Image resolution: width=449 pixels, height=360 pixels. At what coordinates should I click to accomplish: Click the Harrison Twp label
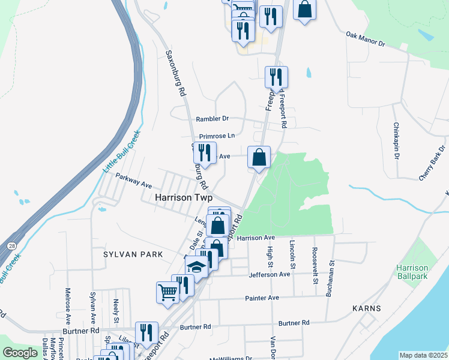tap(184, 197)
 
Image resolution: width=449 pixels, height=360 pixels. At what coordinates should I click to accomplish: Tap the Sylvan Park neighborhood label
tap(133, 254)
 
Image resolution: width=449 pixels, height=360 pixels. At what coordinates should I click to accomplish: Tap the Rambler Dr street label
tap(213, 119)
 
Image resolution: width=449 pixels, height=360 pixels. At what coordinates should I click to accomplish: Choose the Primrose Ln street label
tap(217, 136)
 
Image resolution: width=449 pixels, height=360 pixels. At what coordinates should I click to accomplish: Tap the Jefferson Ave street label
tap(270, 274)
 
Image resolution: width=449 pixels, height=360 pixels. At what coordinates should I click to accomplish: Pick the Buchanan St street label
tap(330, 278)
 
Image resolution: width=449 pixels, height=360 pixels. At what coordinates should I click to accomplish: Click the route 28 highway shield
tap(11, 245)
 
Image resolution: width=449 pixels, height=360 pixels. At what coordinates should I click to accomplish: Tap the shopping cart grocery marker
tap(168, 293)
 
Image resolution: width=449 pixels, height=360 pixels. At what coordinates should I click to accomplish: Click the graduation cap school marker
tap(196, 265)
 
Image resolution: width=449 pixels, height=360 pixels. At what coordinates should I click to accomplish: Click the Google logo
tap(20, 353)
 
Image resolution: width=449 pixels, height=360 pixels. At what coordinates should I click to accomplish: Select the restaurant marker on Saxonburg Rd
tap(205, 153)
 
